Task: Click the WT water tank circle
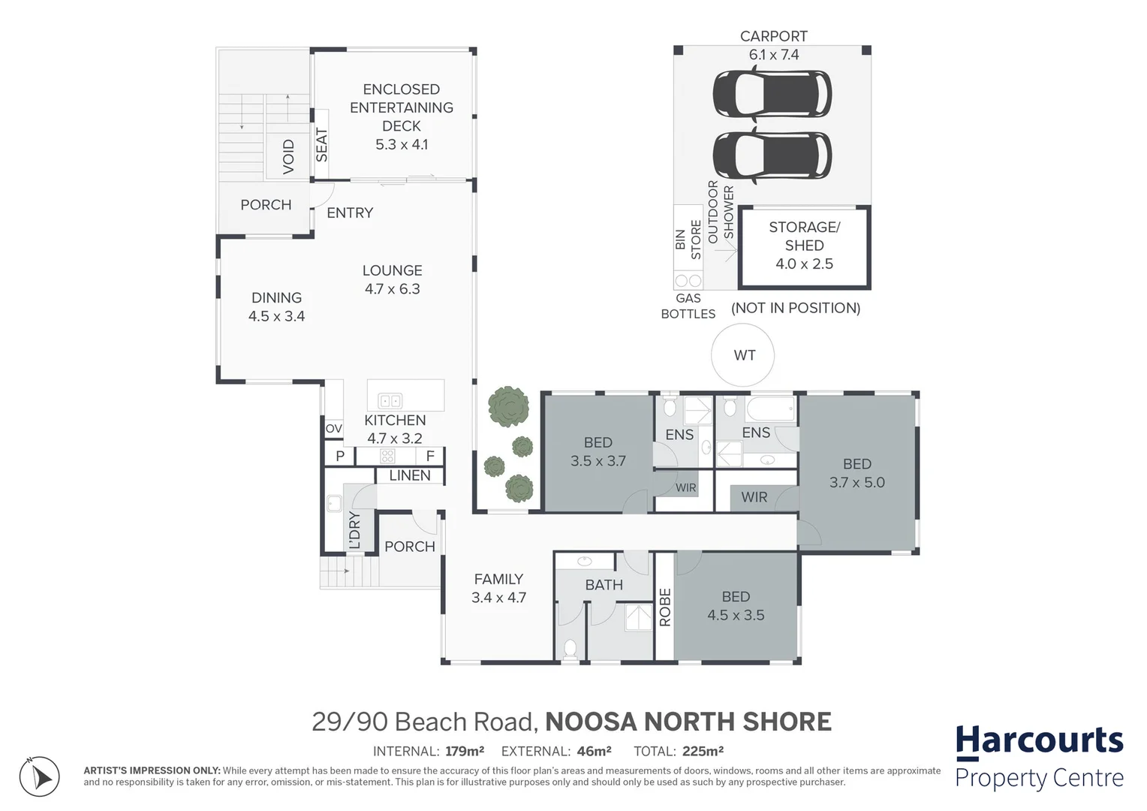[x=744, y=355]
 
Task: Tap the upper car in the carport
[x=772, y=94]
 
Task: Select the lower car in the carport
[x=772, y=155]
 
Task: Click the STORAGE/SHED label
[x=804, y=236]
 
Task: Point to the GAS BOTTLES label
[x=688, y=306]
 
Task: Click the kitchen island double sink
[x=390, y=401]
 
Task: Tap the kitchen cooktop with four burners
[x=387, y=456]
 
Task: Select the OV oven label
[x=333, y=429]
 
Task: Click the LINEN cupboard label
[x=410, y=475]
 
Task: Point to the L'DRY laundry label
[x=354, y=530]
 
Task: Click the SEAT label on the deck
[x=321, y=145]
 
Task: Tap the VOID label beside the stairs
[x=289, y=157]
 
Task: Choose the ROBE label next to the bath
[x=664, y=607]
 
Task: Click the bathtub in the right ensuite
[x=770, y=410]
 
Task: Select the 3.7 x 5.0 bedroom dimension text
[x=856, y=483]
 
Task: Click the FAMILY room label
[x=498, y=579]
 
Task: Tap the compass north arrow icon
[x=39, y=776]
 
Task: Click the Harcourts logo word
[x=1039, y=741]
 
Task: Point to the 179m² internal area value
[x=463, y=751]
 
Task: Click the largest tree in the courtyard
[x=508, y=406]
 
